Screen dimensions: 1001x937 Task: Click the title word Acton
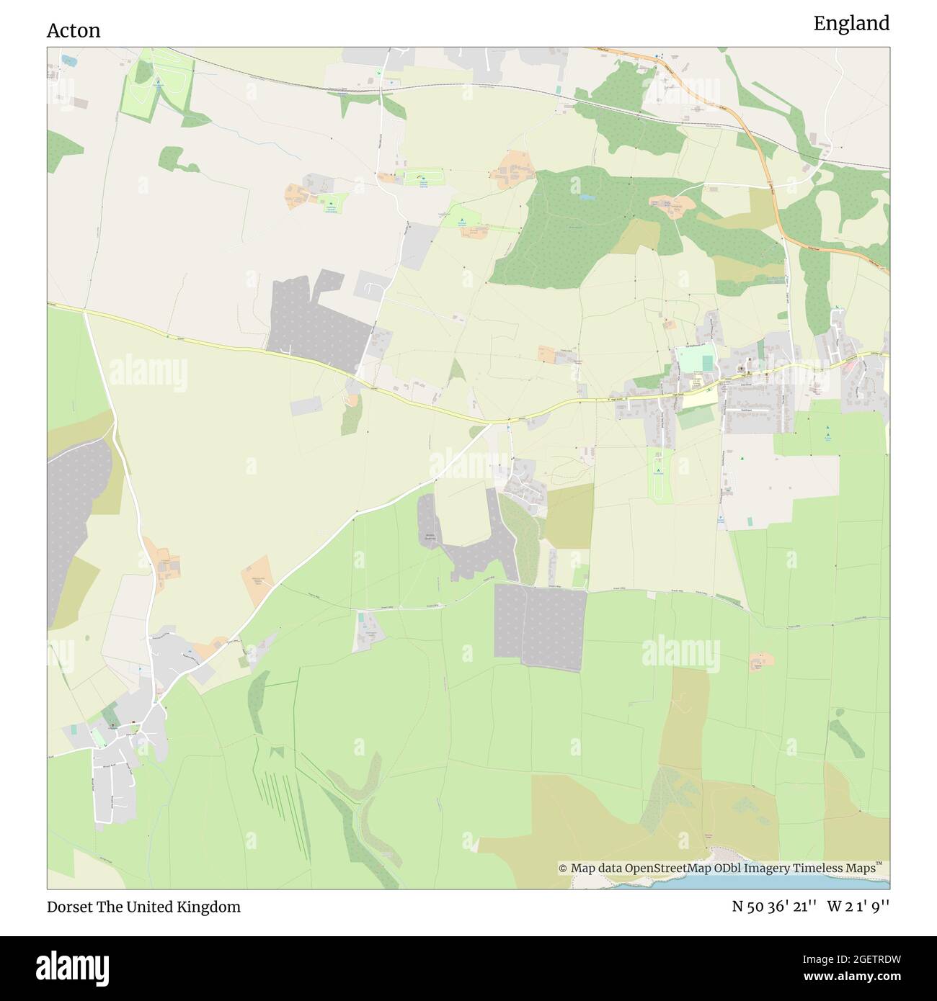[x=74, y=30]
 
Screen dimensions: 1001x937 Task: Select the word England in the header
[x=851, y=24]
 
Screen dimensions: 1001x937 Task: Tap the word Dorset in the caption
[x=68, y=907]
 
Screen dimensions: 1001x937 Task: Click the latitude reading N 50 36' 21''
[x=773, y=907]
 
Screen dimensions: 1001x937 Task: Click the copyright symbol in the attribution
[x=563, y=868]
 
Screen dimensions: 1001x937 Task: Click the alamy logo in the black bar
[x=76, y=967]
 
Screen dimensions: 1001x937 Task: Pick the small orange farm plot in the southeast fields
[x=758, y=661]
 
